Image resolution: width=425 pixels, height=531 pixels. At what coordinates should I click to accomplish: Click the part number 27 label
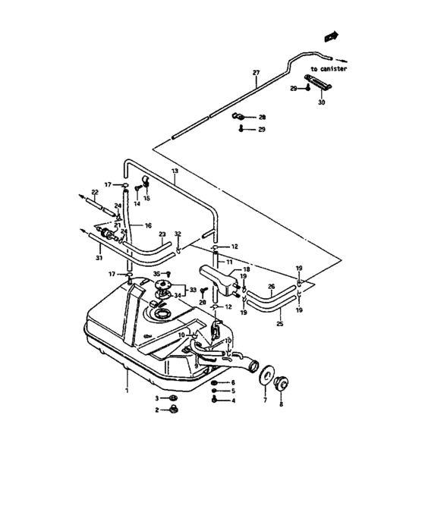(256, 73)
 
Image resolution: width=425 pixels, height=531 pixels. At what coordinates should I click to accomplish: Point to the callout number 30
(321, 102)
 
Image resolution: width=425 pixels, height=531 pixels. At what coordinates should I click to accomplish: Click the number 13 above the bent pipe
(175, 172)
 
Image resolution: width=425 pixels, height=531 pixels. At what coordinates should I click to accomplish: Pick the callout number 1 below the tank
(127, 390)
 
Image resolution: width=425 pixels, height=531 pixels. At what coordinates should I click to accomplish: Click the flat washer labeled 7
(266, 375)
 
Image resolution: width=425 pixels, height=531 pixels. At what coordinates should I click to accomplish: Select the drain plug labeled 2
(172, 410)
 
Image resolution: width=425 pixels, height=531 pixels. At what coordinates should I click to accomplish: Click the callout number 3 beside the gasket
(158, 398)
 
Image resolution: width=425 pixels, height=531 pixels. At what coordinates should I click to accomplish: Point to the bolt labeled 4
(216, 401)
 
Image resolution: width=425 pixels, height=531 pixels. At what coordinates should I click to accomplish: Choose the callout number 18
(246, 270)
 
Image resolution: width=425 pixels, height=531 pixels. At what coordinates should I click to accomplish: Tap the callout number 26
(271, 287)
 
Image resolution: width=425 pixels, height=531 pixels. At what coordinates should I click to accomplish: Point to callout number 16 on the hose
(147, 225)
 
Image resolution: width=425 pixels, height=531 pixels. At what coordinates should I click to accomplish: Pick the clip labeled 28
(236, 116)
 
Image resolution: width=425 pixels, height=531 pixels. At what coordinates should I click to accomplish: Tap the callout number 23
(162, 235)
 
